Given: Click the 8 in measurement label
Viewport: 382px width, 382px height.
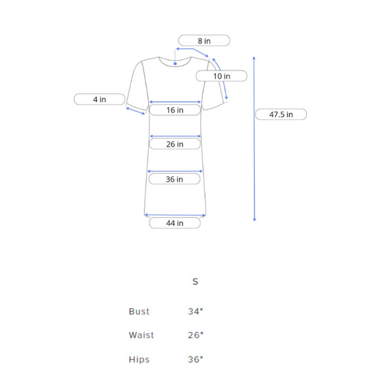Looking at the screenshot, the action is point(204,40).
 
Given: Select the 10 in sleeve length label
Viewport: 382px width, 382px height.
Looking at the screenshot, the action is point(221,76).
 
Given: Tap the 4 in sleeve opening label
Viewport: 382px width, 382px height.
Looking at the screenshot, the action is point(99,99).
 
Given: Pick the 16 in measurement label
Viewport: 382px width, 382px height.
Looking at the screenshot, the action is point(175,110).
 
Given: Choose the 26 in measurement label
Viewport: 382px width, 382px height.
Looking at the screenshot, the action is point(175,144).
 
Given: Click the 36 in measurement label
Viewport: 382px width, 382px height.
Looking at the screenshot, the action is point(175,179).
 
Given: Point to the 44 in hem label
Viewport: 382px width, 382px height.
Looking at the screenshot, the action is point(175,223).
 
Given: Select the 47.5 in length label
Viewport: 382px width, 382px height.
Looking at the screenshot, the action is point(281,114).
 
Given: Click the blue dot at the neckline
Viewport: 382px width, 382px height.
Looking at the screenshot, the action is point(175,64).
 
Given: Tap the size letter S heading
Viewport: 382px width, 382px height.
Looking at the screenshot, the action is point(195,282).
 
